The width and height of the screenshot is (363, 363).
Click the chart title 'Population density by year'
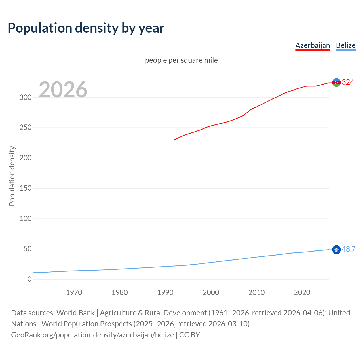tap(86, 28)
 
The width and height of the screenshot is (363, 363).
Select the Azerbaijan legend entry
tap(313, 45)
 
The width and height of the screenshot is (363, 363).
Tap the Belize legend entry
tap(345, 45)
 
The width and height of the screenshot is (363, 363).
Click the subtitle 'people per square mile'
tap(181, 60)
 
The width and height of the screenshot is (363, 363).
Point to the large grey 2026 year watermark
tap(63, 90)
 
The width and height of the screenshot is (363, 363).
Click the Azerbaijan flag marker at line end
tap(336, 83)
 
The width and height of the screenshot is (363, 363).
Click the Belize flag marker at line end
tap(336, 250)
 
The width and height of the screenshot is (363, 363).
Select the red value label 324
tap(348, 82)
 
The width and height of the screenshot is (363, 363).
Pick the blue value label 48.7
tap(349, 249)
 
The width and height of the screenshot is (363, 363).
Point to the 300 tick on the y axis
tap(26, 97)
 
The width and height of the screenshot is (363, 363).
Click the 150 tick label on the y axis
tap(26, 188)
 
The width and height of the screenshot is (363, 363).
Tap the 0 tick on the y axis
tap(29, 279)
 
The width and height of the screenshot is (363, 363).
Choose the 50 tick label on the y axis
tap(28, 249)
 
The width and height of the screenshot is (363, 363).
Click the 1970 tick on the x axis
tap(74, 292)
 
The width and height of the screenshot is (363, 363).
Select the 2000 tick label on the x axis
tap(211, 292)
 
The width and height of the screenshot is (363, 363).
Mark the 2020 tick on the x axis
tap(302, 292)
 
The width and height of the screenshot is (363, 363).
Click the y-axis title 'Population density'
tap(12, 176)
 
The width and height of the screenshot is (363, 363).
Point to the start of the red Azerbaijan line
tap(175, 140)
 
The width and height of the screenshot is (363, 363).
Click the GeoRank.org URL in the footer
tap(92, 335)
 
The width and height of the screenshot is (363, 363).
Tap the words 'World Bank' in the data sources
tap(75, 313)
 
